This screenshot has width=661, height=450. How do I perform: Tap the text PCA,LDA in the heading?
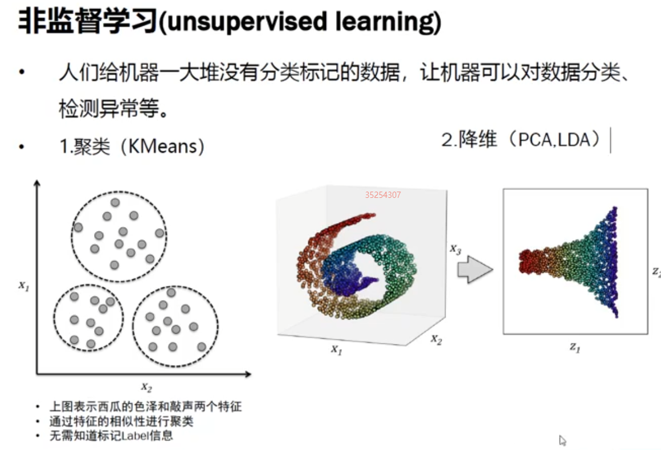554,140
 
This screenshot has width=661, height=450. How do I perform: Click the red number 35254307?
383,195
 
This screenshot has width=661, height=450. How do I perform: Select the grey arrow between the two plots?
475,269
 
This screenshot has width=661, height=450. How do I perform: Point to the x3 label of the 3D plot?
455,249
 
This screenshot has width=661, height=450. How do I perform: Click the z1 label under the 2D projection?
574,347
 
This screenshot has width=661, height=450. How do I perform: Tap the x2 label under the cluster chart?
146,387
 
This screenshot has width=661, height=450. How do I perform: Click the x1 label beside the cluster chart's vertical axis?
23,286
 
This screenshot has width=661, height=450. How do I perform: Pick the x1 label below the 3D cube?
336,350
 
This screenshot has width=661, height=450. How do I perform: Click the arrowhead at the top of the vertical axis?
37,183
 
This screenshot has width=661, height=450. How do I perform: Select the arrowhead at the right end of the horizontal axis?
248,374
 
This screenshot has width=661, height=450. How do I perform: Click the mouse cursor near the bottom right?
562,441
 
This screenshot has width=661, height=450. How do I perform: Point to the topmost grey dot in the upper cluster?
115,203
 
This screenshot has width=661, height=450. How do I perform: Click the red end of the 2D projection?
528,261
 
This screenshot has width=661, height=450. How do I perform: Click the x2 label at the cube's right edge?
436,339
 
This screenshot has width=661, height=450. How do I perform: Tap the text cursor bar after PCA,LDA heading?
610,140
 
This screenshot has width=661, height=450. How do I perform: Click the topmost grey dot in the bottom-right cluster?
171,293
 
